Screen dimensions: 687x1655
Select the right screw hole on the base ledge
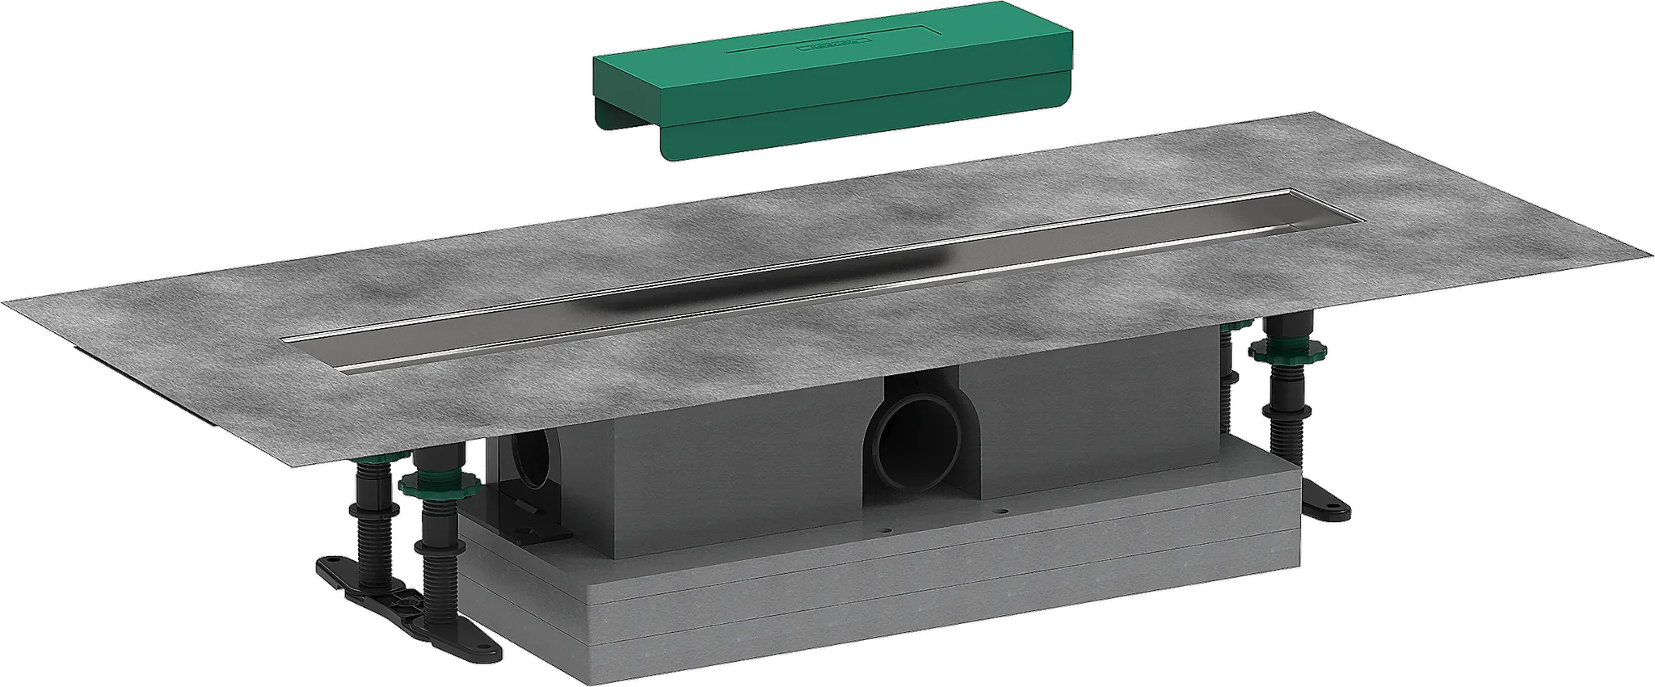(x=1002, y=511)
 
